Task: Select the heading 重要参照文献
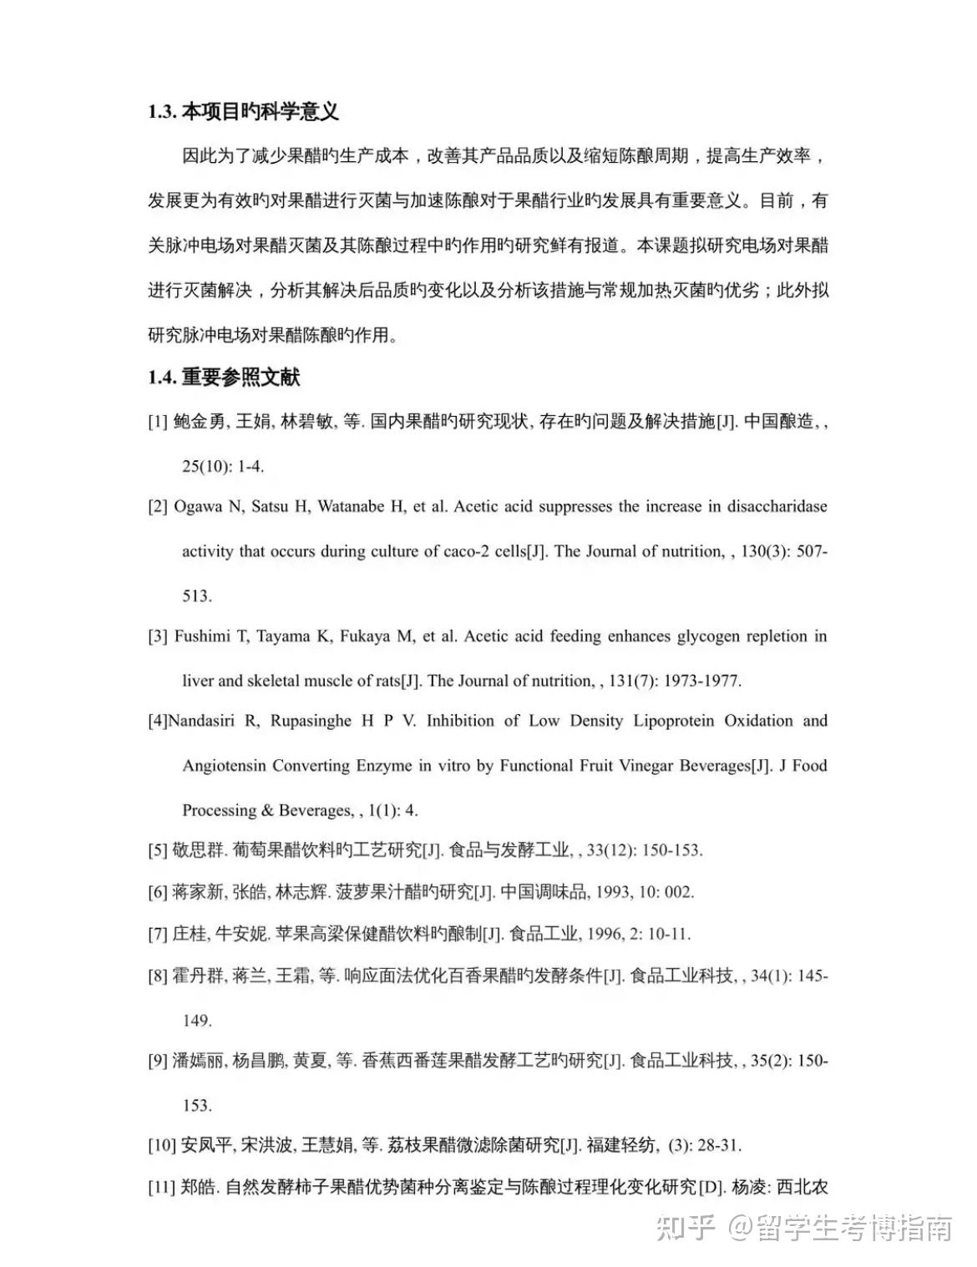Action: tap(240, 378)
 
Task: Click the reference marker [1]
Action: tap(158, 422)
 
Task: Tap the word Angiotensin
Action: tap(224, 765)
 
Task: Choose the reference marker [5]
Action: tap(158, 851)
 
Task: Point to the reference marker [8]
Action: tap(158, 976)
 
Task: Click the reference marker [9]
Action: tap(158, 1061)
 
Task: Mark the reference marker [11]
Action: tap(162, 1187)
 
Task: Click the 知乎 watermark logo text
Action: tap(685, 1228)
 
